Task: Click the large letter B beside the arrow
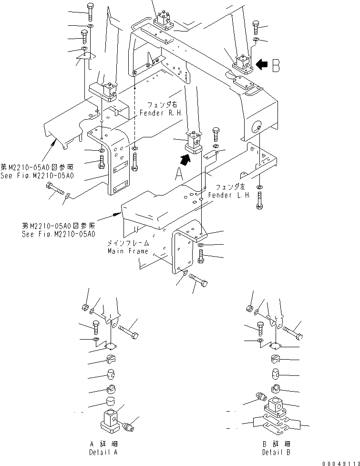tap(276, 65)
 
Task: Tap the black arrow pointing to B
tap(261, 64)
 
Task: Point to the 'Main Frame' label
tap(127, 251)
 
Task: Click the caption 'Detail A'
tap(104, 452)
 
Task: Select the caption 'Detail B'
tap(276, 452)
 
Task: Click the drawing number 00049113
tap(339, 462)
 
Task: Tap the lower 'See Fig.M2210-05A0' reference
tap(58, 234)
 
